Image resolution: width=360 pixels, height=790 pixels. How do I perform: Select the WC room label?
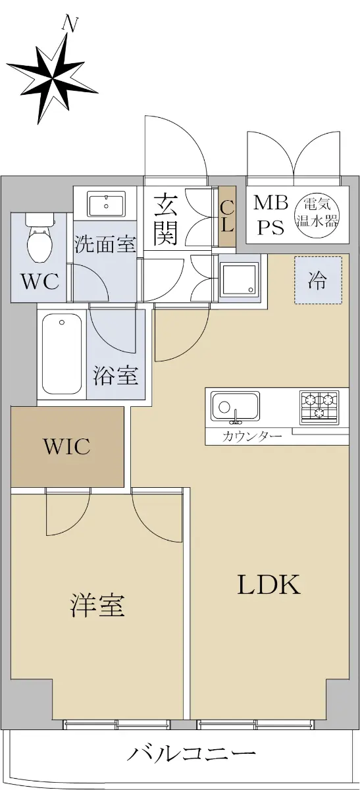(x=40, y=282)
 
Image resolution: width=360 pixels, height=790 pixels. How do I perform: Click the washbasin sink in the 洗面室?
(x=107, y=204)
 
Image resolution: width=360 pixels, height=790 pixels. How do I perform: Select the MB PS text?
(x=270, y=215)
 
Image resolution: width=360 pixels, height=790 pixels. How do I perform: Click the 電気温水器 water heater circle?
(x=317, y=213)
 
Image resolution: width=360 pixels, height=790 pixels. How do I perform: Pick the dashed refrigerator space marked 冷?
(x=318, y=280)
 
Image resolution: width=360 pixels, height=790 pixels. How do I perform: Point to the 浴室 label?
(x=115, y=376)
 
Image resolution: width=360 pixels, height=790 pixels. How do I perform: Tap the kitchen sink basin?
(x=235, y=406)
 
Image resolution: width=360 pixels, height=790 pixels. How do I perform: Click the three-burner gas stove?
(x=319, y=407)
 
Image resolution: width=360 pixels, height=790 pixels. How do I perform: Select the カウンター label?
(x=252, y=436)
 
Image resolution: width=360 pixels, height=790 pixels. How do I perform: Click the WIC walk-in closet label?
(x=67, y=446)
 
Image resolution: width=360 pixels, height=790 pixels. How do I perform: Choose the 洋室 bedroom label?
(x=97, y=605)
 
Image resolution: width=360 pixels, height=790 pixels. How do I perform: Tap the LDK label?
(x=269, y=585)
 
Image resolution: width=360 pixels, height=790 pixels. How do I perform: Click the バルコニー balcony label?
(x=192, y=754)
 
